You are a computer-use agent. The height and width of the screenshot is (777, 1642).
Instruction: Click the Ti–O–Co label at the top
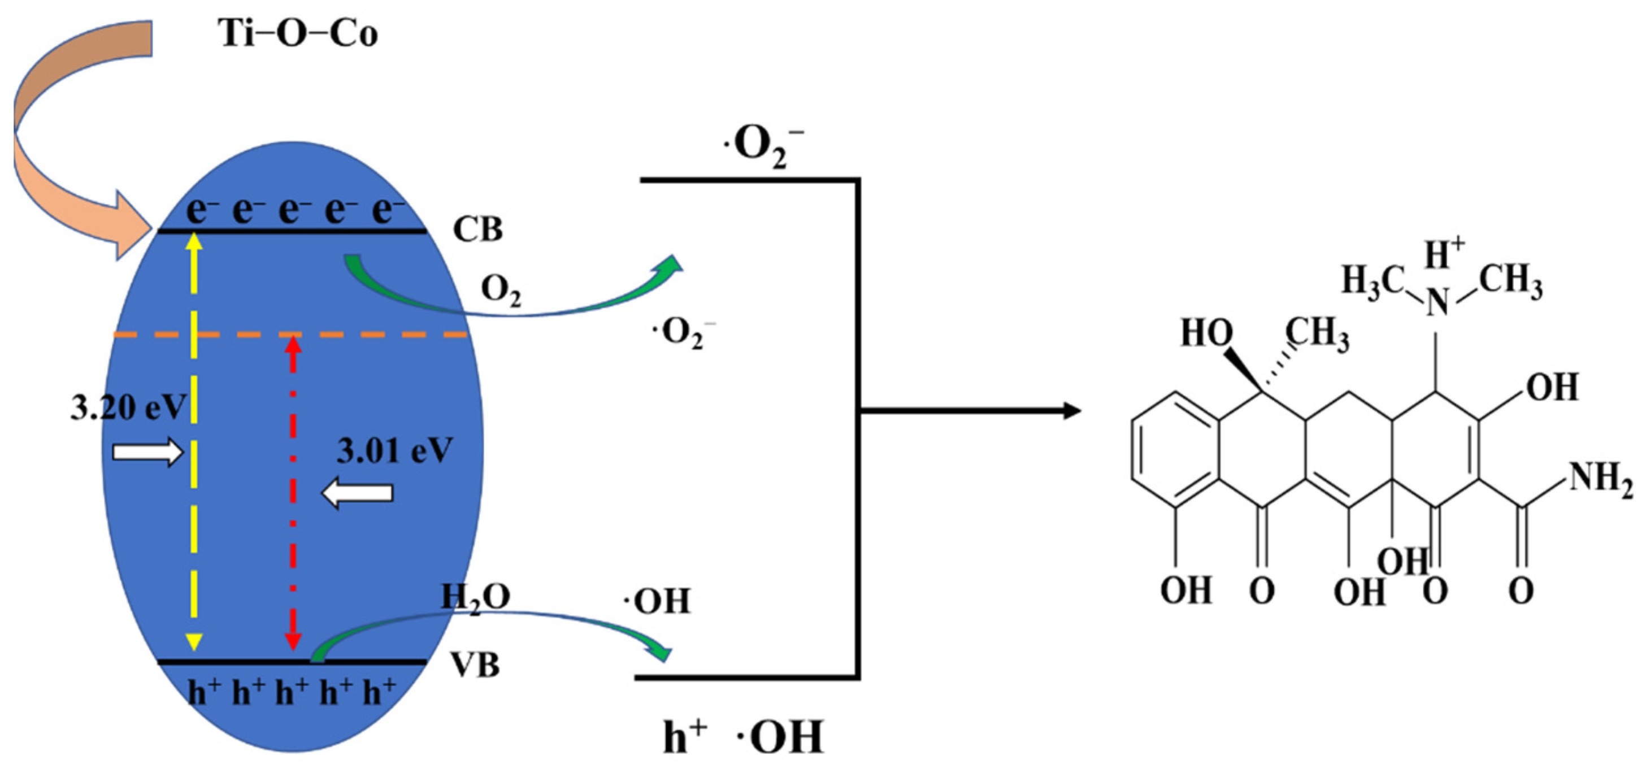click(298, 33)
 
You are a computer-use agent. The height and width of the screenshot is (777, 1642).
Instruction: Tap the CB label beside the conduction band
click(477, 229)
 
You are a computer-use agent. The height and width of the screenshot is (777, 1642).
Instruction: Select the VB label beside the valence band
click(476, 666)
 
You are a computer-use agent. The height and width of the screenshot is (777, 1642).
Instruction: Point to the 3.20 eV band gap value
click(128, 408)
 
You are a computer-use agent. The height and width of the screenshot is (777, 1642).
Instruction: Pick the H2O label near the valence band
click(476, 598)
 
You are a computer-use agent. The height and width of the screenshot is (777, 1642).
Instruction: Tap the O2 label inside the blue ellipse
click(501, 290)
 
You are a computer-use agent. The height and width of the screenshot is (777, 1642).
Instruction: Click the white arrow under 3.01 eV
click(357, 493)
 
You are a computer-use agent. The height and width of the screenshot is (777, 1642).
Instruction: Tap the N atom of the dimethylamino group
click(1437, 302)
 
